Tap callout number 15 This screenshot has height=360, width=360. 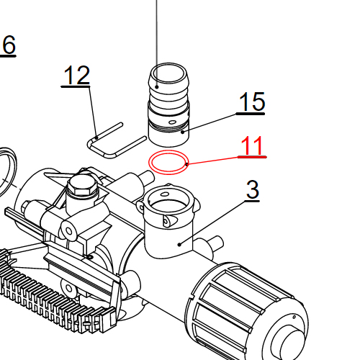pos(251,102)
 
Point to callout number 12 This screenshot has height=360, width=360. pos(76,75)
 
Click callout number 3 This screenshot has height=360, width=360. pos(252,191)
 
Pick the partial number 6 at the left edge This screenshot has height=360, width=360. pos(8,45)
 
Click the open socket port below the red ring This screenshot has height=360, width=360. pos(170,205)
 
